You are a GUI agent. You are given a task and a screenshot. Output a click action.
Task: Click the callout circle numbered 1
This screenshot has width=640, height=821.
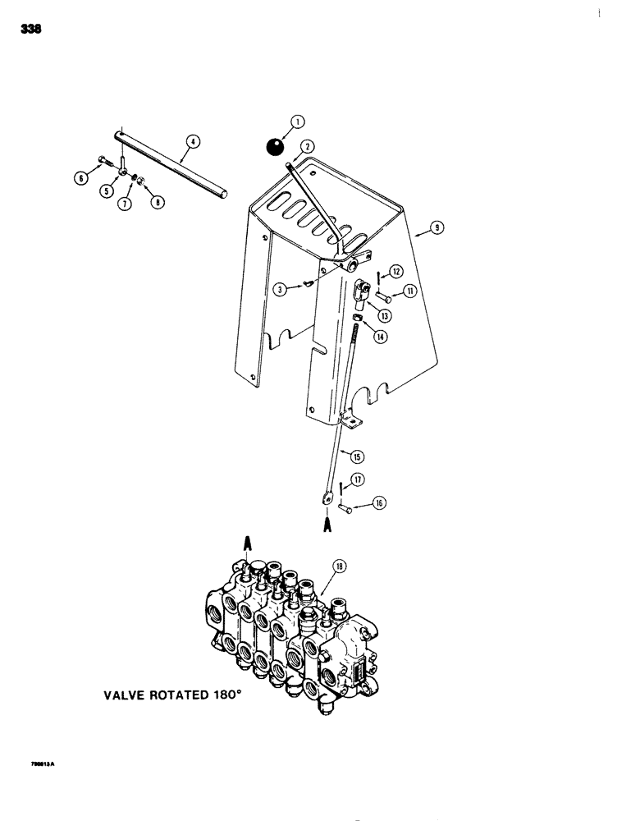pyautogui.click(x=296, y=122)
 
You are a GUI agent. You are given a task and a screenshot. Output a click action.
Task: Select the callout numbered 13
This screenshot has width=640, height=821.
pyautogui.click(x=384, y=315)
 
